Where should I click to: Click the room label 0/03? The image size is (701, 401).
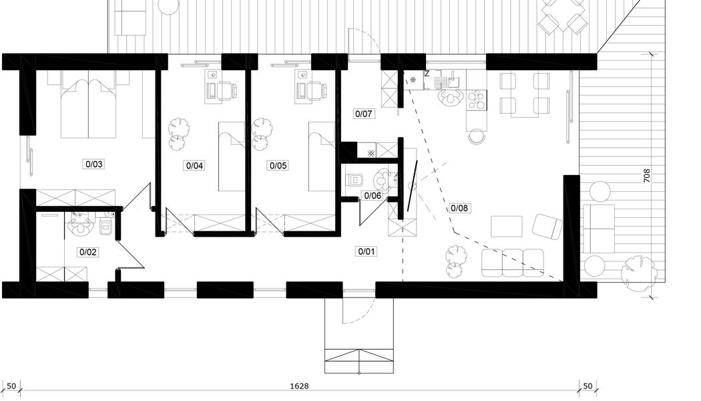pyautogui.click(x=94, y=164)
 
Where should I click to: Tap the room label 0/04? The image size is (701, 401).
pyautogui.click(x=194, y=166)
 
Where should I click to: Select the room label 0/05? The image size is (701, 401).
pyautogui.click(x=278, y=166)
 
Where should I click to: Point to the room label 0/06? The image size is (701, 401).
pyautogui.click(x=373, y=196)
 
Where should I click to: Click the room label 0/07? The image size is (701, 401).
pyautogui.click(x=363, y=114)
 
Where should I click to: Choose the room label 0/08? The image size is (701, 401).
pyautogui.click(x=459, y=208)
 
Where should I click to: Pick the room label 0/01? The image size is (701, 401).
pyautogui.click(x=367, y=251)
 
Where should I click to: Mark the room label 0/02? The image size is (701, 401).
pyautogui.click(x=88, y=252)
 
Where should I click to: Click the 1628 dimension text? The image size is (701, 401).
pyautogui.click(x=299, y=386)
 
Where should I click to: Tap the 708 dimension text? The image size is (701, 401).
pyautogui.click(x=647, y=175)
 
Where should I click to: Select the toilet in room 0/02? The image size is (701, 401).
pyautogui.click(x=105, y=227)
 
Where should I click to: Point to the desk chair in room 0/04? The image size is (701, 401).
pyautogui.click(x=226, y=91)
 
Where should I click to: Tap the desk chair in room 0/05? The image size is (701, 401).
pyautogui.click(x=316, y=91)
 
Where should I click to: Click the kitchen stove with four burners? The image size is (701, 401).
pyautogui.click(x=477, y=101)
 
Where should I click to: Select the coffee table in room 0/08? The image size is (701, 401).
pyautogui.click(x=507, y=227)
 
